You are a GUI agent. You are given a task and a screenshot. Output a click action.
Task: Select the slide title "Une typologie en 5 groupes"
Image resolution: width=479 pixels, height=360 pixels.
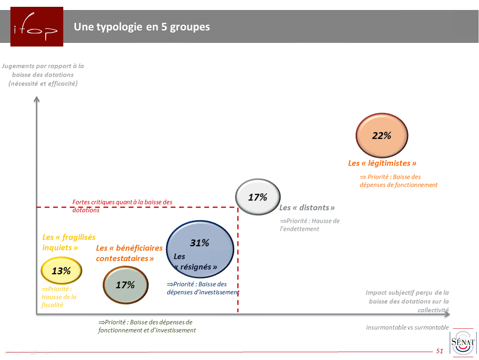(x=142, y=27)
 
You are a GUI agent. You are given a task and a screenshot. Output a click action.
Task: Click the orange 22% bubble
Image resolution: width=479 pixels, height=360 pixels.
(x=381, y=135)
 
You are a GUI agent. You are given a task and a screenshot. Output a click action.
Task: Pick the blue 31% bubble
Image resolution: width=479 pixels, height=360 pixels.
(x=199, y=249)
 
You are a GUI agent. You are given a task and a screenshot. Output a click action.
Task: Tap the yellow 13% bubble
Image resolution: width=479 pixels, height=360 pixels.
(x=61, y=271)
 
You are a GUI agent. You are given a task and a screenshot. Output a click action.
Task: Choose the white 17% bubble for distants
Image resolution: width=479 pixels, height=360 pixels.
(x=257, y=197)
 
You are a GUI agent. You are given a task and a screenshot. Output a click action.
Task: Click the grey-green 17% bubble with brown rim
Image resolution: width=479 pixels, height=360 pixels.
(x=125, y=285)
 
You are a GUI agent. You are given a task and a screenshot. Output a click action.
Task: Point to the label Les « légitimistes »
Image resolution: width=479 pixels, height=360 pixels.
(x=382, y=163)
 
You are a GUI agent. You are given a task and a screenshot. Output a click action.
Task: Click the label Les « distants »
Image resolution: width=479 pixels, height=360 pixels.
(x=307, y=208)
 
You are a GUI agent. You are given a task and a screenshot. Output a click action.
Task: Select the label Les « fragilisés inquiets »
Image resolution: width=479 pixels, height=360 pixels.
(x=68, y=242)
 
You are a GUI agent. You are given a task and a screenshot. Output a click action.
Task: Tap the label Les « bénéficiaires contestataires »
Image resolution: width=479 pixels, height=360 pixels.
(x=129, y=253)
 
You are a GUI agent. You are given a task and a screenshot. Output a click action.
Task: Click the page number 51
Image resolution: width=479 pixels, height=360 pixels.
(x=439, y=351)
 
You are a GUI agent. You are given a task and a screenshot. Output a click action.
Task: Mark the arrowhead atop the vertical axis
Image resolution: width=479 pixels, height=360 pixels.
(x=36, y=99)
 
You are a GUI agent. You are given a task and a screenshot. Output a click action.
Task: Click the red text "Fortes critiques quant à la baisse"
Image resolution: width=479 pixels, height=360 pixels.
(x=122, y=202)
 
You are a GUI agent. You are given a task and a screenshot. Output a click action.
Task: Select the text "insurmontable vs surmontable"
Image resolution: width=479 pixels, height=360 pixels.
(x=407, y=328)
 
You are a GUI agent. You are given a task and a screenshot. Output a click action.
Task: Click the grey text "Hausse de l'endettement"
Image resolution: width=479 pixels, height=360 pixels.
(x=309, y=225)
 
